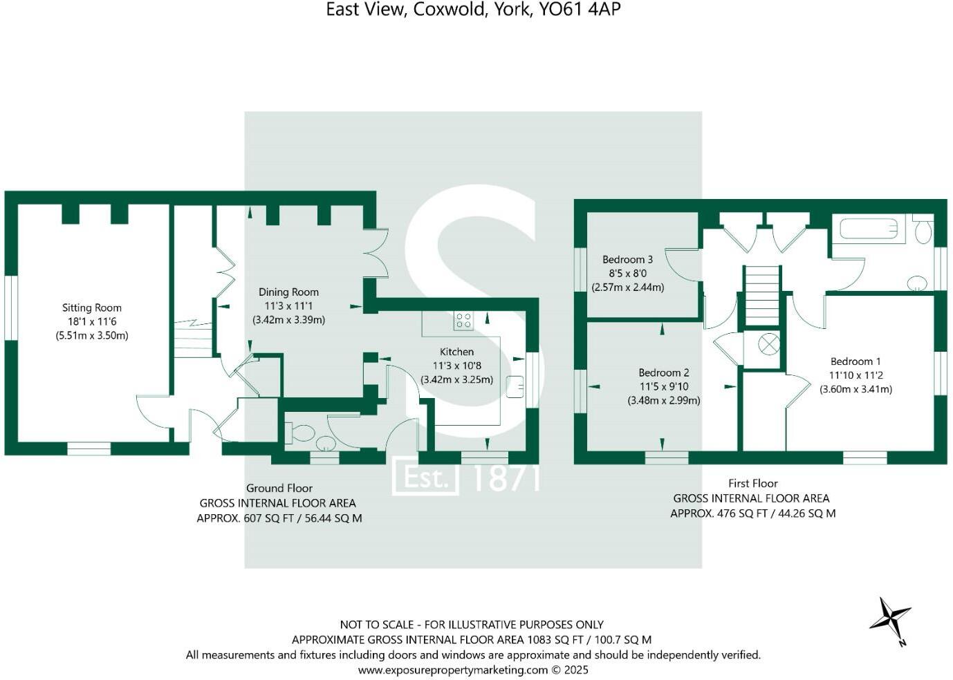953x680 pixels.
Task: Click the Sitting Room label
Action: pos(91,308)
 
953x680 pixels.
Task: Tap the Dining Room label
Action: pos(288,292)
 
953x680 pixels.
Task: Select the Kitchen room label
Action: pos(456,352)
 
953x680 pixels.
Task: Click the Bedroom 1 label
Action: pos(855,361)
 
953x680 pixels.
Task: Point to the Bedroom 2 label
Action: pos(663,372)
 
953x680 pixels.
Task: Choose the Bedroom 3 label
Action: pos(627,260)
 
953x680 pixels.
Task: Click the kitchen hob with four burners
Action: pos(463,321)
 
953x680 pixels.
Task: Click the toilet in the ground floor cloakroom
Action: pos(302,433)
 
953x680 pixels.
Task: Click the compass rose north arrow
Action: pos(891,617)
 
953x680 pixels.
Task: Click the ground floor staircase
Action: pos(193,340)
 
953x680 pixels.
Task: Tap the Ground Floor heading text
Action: pos(279,489)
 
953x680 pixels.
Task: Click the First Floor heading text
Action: pos(752,484)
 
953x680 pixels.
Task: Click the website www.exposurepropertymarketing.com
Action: pos(452,670)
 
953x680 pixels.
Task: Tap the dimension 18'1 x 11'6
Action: pos(91,322)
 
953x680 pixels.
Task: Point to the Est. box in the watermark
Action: pos(425,478)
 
